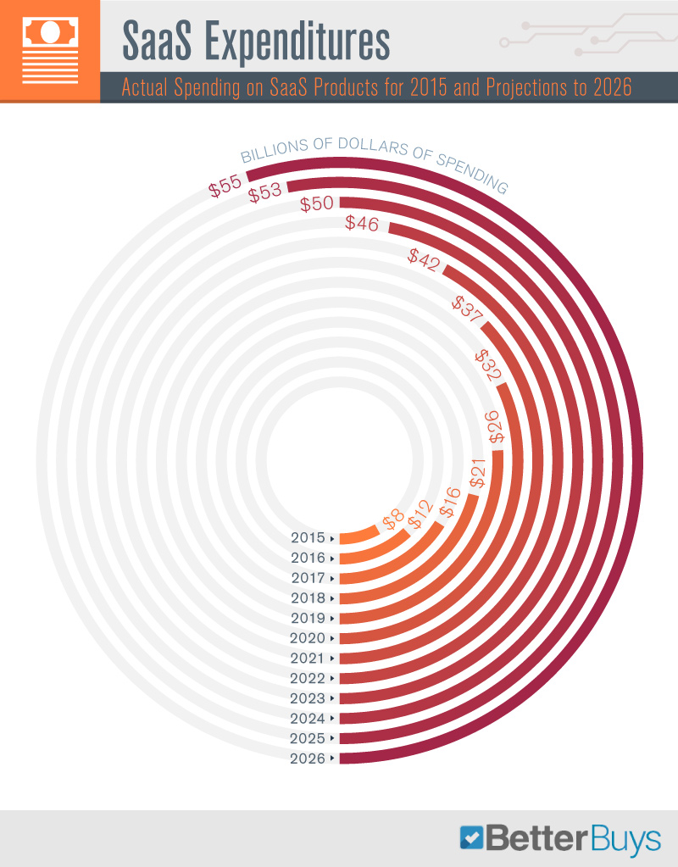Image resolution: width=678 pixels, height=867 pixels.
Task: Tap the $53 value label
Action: [x=265, y=193]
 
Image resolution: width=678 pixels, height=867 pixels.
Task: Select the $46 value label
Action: [x=362, y=223]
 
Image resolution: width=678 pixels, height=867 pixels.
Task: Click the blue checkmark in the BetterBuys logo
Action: [x=471, y=837]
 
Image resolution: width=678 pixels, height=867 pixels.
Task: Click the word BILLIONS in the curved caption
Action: [x=271, y=155]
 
